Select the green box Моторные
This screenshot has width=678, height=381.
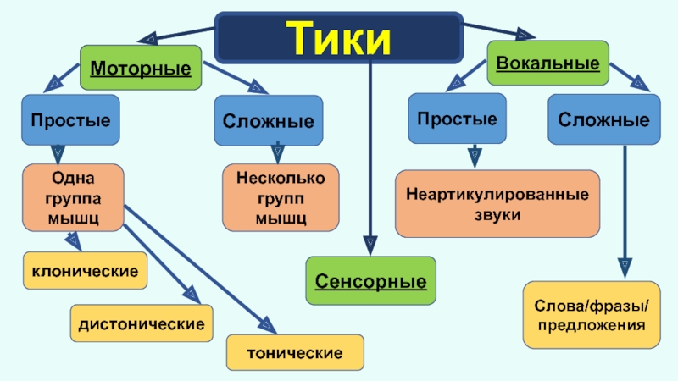[x=140, y=67]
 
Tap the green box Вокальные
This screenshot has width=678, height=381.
[x=547, y=63]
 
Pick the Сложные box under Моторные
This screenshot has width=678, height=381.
[x=269, y=121]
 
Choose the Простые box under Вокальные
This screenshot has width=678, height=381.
[x=458, y=118]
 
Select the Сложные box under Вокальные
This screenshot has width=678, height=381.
[x=604, y=119]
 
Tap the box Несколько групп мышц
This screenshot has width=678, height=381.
[x=281, y=198]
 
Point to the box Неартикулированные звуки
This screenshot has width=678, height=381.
[x=497, y=203]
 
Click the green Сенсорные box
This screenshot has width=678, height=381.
[x=370, y=279]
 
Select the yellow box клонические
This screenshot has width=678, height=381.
[x=85, y=272]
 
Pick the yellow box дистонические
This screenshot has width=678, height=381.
[x=142, y=323]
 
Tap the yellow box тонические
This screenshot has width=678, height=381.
[x=295, y=351]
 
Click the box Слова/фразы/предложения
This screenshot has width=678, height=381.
[x=591, y=314]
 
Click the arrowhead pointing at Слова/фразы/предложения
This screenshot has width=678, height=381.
[x=625, y=268]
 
